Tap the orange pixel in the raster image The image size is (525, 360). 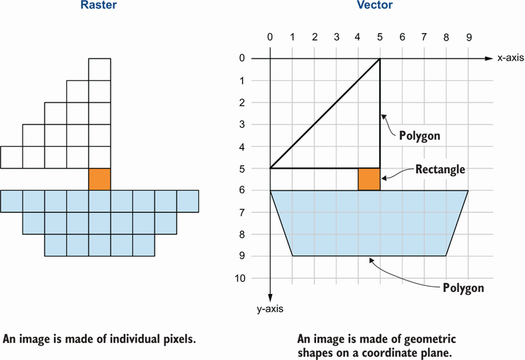(x=99, y=179)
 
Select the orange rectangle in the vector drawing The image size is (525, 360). (x=369, y=179)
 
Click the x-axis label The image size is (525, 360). (x=510, y=59)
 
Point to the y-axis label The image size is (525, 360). (x=270, y=308)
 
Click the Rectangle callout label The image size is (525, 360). (x=440, y=169)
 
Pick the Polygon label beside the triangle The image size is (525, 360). (x=420, y=136)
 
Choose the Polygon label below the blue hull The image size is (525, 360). (x=464, y=288)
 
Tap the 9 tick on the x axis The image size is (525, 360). (x=468, y=37)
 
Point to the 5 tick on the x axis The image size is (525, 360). (x=380, y=37)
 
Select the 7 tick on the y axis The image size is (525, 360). (x=241, y=212)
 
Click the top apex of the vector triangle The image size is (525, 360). (x=380, y=59)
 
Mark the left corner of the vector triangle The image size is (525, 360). (x=271, y=168)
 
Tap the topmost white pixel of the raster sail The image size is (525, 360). (x=99, y=70)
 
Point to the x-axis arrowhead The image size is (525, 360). (x=488, y=59)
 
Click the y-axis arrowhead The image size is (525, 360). (x=270, y=298)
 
